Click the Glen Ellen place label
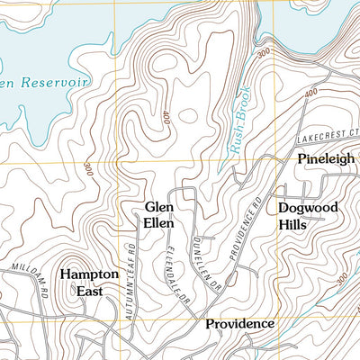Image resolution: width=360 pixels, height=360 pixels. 158,214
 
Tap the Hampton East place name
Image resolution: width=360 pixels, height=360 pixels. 89,282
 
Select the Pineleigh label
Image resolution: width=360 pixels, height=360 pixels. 321,159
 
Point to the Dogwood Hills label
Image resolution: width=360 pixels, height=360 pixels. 308,215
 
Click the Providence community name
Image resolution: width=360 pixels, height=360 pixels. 239,323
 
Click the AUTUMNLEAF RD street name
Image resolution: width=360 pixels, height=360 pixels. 130,261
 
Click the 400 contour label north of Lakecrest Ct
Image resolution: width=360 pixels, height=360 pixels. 312,93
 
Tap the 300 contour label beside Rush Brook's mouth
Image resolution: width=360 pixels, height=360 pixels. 263,54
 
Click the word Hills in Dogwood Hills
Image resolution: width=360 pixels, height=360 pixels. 292,224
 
